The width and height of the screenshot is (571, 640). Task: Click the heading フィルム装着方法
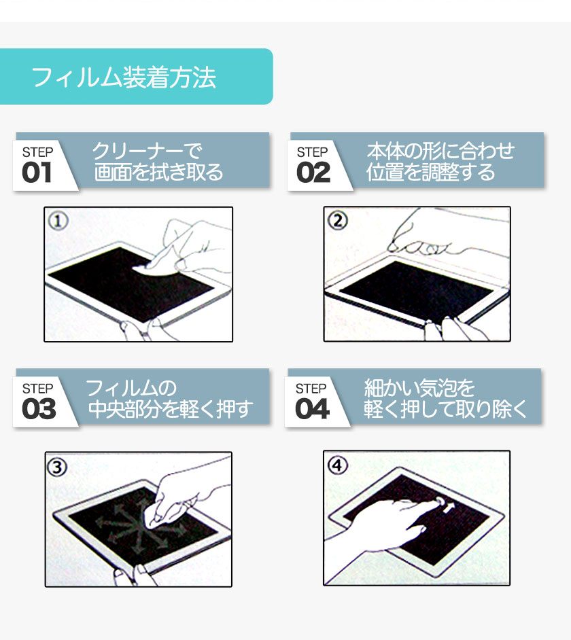click(x=124, y=77)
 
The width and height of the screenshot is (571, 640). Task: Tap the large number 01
click(x=37, y=173)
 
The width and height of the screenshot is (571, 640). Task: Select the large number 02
click(x=313, y=173)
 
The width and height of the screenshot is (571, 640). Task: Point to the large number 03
click(x=39, y=409)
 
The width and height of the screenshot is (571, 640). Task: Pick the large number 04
click(x=312, y=409)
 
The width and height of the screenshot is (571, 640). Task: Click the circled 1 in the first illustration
click(x=58, y=221)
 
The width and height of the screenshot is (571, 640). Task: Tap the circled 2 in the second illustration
click(x=338, y=221)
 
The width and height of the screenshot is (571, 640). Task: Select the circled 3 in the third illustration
click(x=57, y=467)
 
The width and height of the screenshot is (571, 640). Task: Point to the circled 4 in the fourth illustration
click(x=338, y=465)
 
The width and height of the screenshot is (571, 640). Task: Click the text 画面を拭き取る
click(x=158, y=172)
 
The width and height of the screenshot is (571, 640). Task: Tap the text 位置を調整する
click(x=430, y=172)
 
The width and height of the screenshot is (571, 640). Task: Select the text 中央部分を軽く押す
click(x=171, y=409)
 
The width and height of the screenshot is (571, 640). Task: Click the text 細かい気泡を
click(x=419, y=388)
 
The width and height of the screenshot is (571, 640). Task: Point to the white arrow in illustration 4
click(x=449, y=508)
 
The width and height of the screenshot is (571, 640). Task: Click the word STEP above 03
click(x=37, y=389)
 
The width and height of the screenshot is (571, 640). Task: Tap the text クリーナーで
click(x=147, y=151)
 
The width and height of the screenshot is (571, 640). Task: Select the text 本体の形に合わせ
click(x=440, y=151)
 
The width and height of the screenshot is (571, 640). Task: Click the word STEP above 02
click(x=312, y=152)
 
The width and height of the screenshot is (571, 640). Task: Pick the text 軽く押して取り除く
click(x=445, y=409)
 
